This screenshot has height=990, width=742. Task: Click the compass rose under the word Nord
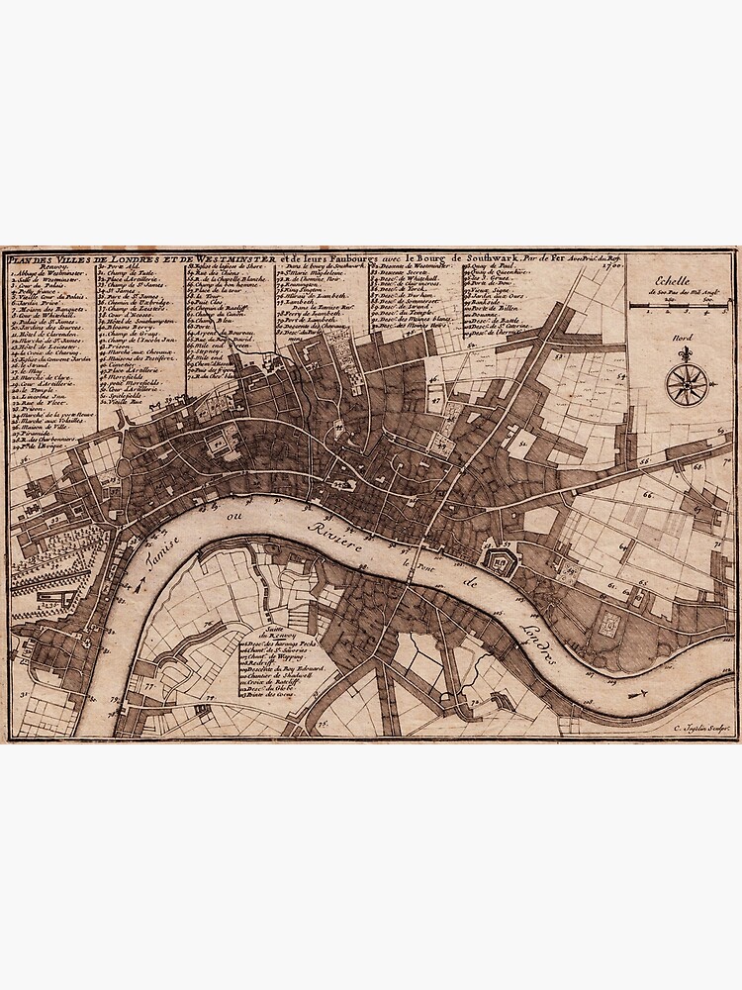682,383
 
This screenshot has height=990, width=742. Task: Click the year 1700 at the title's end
611,264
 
